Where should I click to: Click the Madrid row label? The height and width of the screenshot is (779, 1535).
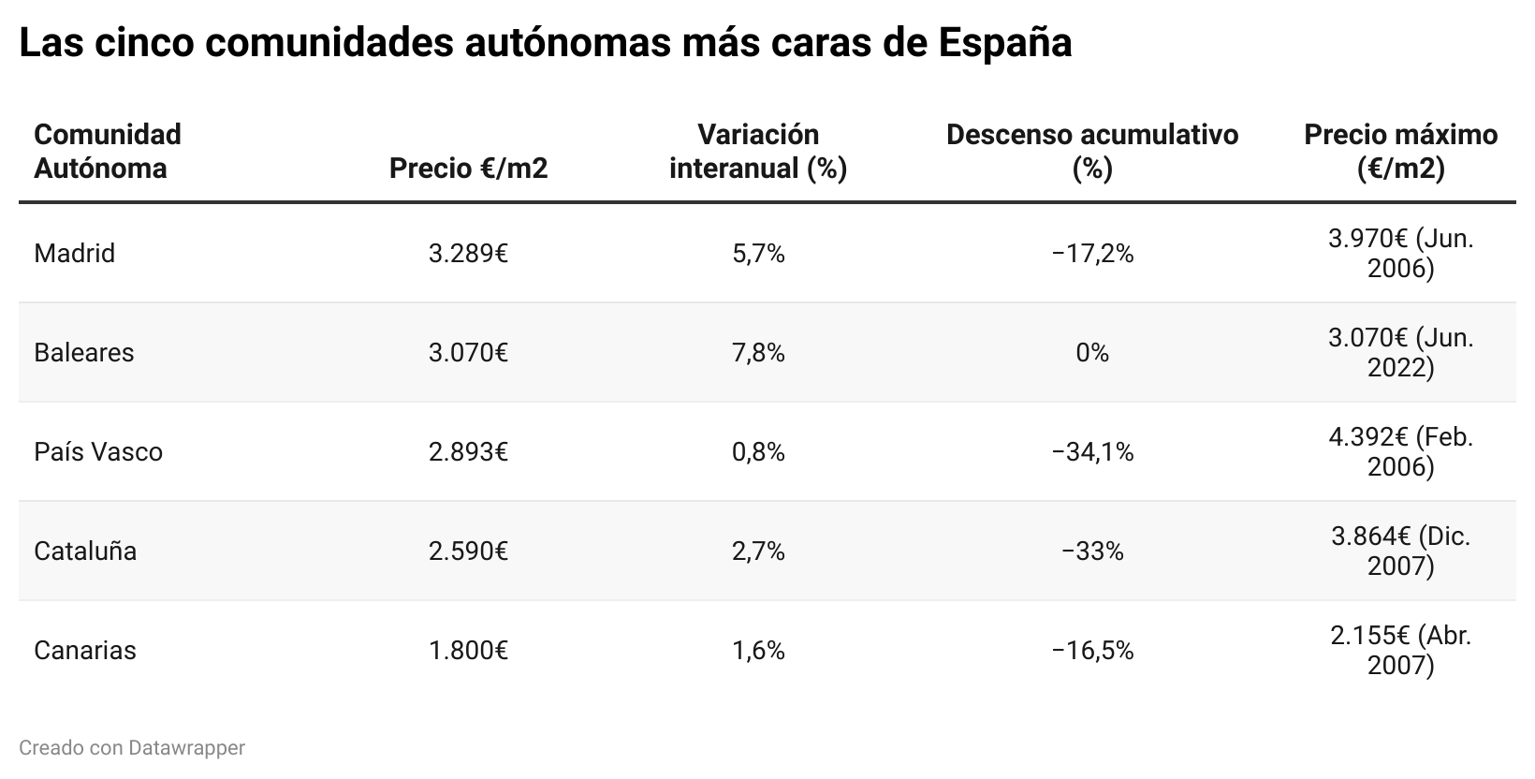click(74, 253)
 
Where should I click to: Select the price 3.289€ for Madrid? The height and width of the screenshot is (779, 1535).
click(468, 253)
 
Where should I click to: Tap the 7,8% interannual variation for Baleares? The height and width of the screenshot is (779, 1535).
click(758, 352)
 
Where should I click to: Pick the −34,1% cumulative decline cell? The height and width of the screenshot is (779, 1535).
click(1092, 451)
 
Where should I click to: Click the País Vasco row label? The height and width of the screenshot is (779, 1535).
click(97, 451)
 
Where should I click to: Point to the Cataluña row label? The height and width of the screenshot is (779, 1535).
click(85, 551)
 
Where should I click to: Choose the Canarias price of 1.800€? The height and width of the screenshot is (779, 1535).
click(468, 650)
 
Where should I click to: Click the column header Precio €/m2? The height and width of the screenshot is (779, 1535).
click(468, 168)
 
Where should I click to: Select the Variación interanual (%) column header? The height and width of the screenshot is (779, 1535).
click(758, 151)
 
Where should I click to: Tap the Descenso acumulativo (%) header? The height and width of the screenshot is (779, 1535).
click(1092, 151)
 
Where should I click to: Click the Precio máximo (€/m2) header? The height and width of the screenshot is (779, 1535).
click(1400, 151)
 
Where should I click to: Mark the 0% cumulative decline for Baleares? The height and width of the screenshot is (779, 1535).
click(1092, 352)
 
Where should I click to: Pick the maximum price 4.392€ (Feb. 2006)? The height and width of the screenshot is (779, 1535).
click(1400, 451)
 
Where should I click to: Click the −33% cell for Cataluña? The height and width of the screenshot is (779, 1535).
click(1092, 551)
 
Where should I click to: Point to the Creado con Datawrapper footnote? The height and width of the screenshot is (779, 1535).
click(132, 748)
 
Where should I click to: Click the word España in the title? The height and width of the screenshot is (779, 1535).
click(1005, 42)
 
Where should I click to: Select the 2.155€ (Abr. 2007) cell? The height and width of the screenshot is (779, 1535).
click(1400, 650)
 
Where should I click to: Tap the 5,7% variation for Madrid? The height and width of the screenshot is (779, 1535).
click(758, 253)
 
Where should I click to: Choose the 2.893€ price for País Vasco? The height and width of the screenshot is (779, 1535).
click(468, 451)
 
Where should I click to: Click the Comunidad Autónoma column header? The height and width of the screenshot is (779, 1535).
click(107, 151)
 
